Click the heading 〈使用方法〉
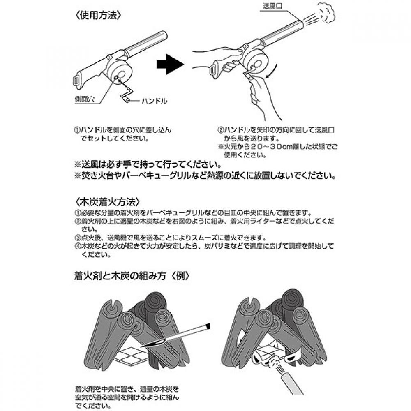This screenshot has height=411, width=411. (x=98, y=15)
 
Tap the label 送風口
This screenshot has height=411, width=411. (x=272, y=6)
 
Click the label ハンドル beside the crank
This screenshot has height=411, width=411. (x=155, y=101)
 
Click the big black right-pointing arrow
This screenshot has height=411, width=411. (x=171, y=64)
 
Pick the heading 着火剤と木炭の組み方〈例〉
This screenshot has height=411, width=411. (x=132, y=276)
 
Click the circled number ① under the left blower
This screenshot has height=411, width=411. (x=77, y=130)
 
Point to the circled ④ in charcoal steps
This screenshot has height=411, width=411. (x=77, y=246)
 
